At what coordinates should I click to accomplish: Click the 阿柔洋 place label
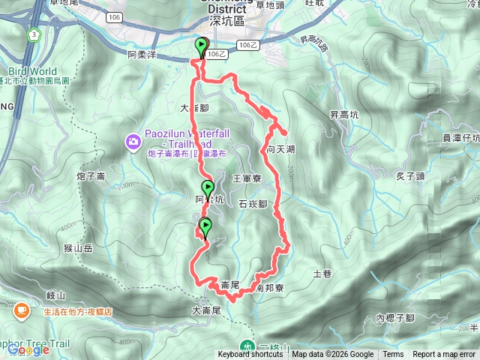pyautogui.click(x=142, y=55)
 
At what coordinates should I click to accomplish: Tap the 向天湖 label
pyautogui.click(x=280, y=150)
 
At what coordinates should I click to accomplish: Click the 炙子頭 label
pyautogui.click(x=409, y=176)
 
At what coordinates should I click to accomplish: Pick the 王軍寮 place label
pyautogui.click(x=246, y=178)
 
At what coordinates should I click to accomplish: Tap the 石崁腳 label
pyautogui.click(x=253, y=203)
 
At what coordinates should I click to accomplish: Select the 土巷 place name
pyautogui.click(x=322, y=274)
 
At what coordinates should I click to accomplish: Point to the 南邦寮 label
pyautogui.click(x=268, y=287)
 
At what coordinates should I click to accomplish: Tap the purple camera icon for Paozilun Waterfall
pyautogui.click(x=133, y=140)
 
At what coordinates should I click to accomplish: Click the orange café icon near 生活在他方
pyautogui.click(x=20, y=308)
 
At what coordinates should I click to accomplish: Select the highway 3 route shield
pyautogui.click(x=34, y=34)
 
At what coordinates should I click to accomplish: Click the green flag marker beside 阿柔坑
pyautogui.click(x=207, y=187)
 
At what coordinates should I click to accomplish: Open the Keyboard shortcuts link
pyautogui.click(x=250, y=355)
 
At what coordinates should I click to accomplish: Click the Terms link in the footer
pyautogui.click(x=392, y=355)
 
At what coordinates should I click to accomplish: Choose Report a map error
pyautogui.click(x=445, y=355)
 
